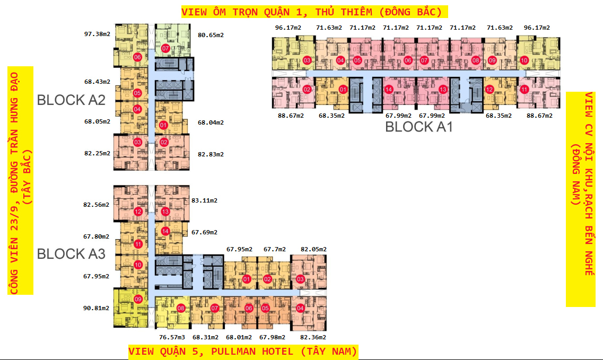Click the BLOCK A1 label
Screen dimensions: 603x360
[419, 127]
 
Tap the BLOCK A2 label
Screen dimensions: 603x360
[71, 100]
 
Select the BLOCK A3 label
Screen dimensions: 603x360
[71, 254]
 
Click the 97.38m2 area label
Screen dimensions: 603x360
[97, 34]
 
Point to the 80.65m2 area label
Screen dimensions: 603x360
[211, 35]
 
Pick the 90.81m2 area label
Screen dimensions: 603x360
[96, 308]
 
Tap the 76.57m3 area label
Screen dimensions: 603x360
[172, 337]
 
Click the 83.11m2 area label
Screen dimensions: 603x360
[204, 200]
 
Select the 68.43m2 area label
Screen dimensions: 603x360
[97, 82]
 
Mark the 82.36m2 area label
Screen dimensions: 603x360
[313, 337]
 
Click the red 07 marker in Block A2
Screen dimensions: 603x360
[165, 48]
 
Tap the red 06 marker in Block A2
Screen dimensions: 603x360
[137, 57]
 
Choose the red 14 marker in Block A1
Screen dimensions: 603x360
[388, 90]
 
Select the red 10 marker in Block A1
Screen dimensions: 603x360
[524, 60]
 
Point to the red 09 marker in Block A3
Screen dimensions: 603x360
[138, 299]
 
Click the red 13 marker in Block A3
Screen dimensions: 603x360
[165, 212]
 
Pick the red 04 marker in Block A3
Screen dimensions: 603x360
[300, 308]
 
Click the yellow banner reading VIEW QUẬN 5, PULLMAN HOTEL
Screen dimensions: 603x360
[243, 352]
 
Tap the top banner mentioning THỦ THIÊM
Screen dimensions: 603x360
[314, 12]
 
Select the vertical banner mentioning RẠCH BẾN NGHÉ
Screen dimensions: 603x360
[581, 199]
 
